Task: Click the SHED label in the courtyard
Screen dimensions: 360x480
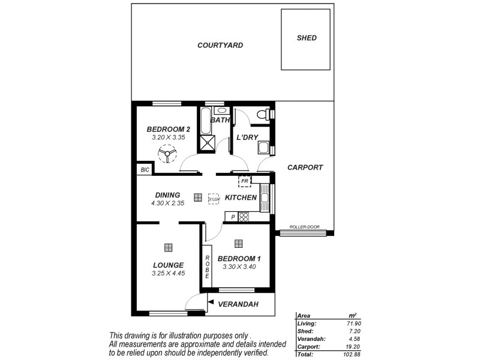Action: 307,38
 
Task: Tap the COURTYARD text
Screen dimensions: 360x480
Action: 220,46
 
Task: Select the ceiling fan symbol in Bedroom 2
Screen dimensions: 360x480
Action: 167,154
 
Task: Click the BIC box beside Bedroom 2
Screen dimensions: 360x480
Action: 145,170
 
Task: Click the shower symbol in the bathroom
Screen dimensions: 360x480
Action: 208,142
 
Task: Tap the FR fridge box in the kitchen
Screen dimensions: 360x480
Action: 244,181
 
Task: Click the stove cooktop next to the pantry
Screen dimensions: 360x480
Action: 244,217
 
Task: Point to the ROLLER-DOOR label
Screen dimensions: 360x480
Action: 304,227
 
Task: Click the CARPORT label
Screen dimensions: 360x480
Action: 305,168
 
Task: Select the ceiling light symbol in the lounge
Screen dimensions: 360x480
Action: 168,247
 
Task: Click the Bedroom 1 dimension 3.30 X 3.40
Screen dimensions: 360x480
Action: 239,267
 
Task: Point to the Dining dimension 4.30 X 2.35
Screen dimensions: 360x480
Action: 167,203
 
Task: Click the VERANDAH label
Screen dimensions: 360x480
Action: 238,304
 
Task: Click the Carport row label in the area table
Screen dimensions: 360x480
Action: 308,347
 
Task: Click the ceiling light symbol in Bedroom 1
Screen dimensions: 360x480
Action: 239,243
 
